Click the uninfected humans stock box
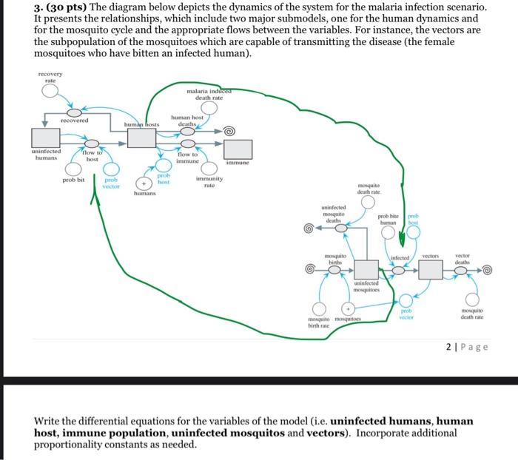(x=46, y=137)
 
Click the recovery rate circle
(x=50, y=92)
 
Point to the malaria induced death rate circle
(x=209, y=108)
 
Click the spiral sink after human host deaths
(x=229, y=131)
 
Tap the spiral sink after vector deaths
(x=488, y=271)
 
